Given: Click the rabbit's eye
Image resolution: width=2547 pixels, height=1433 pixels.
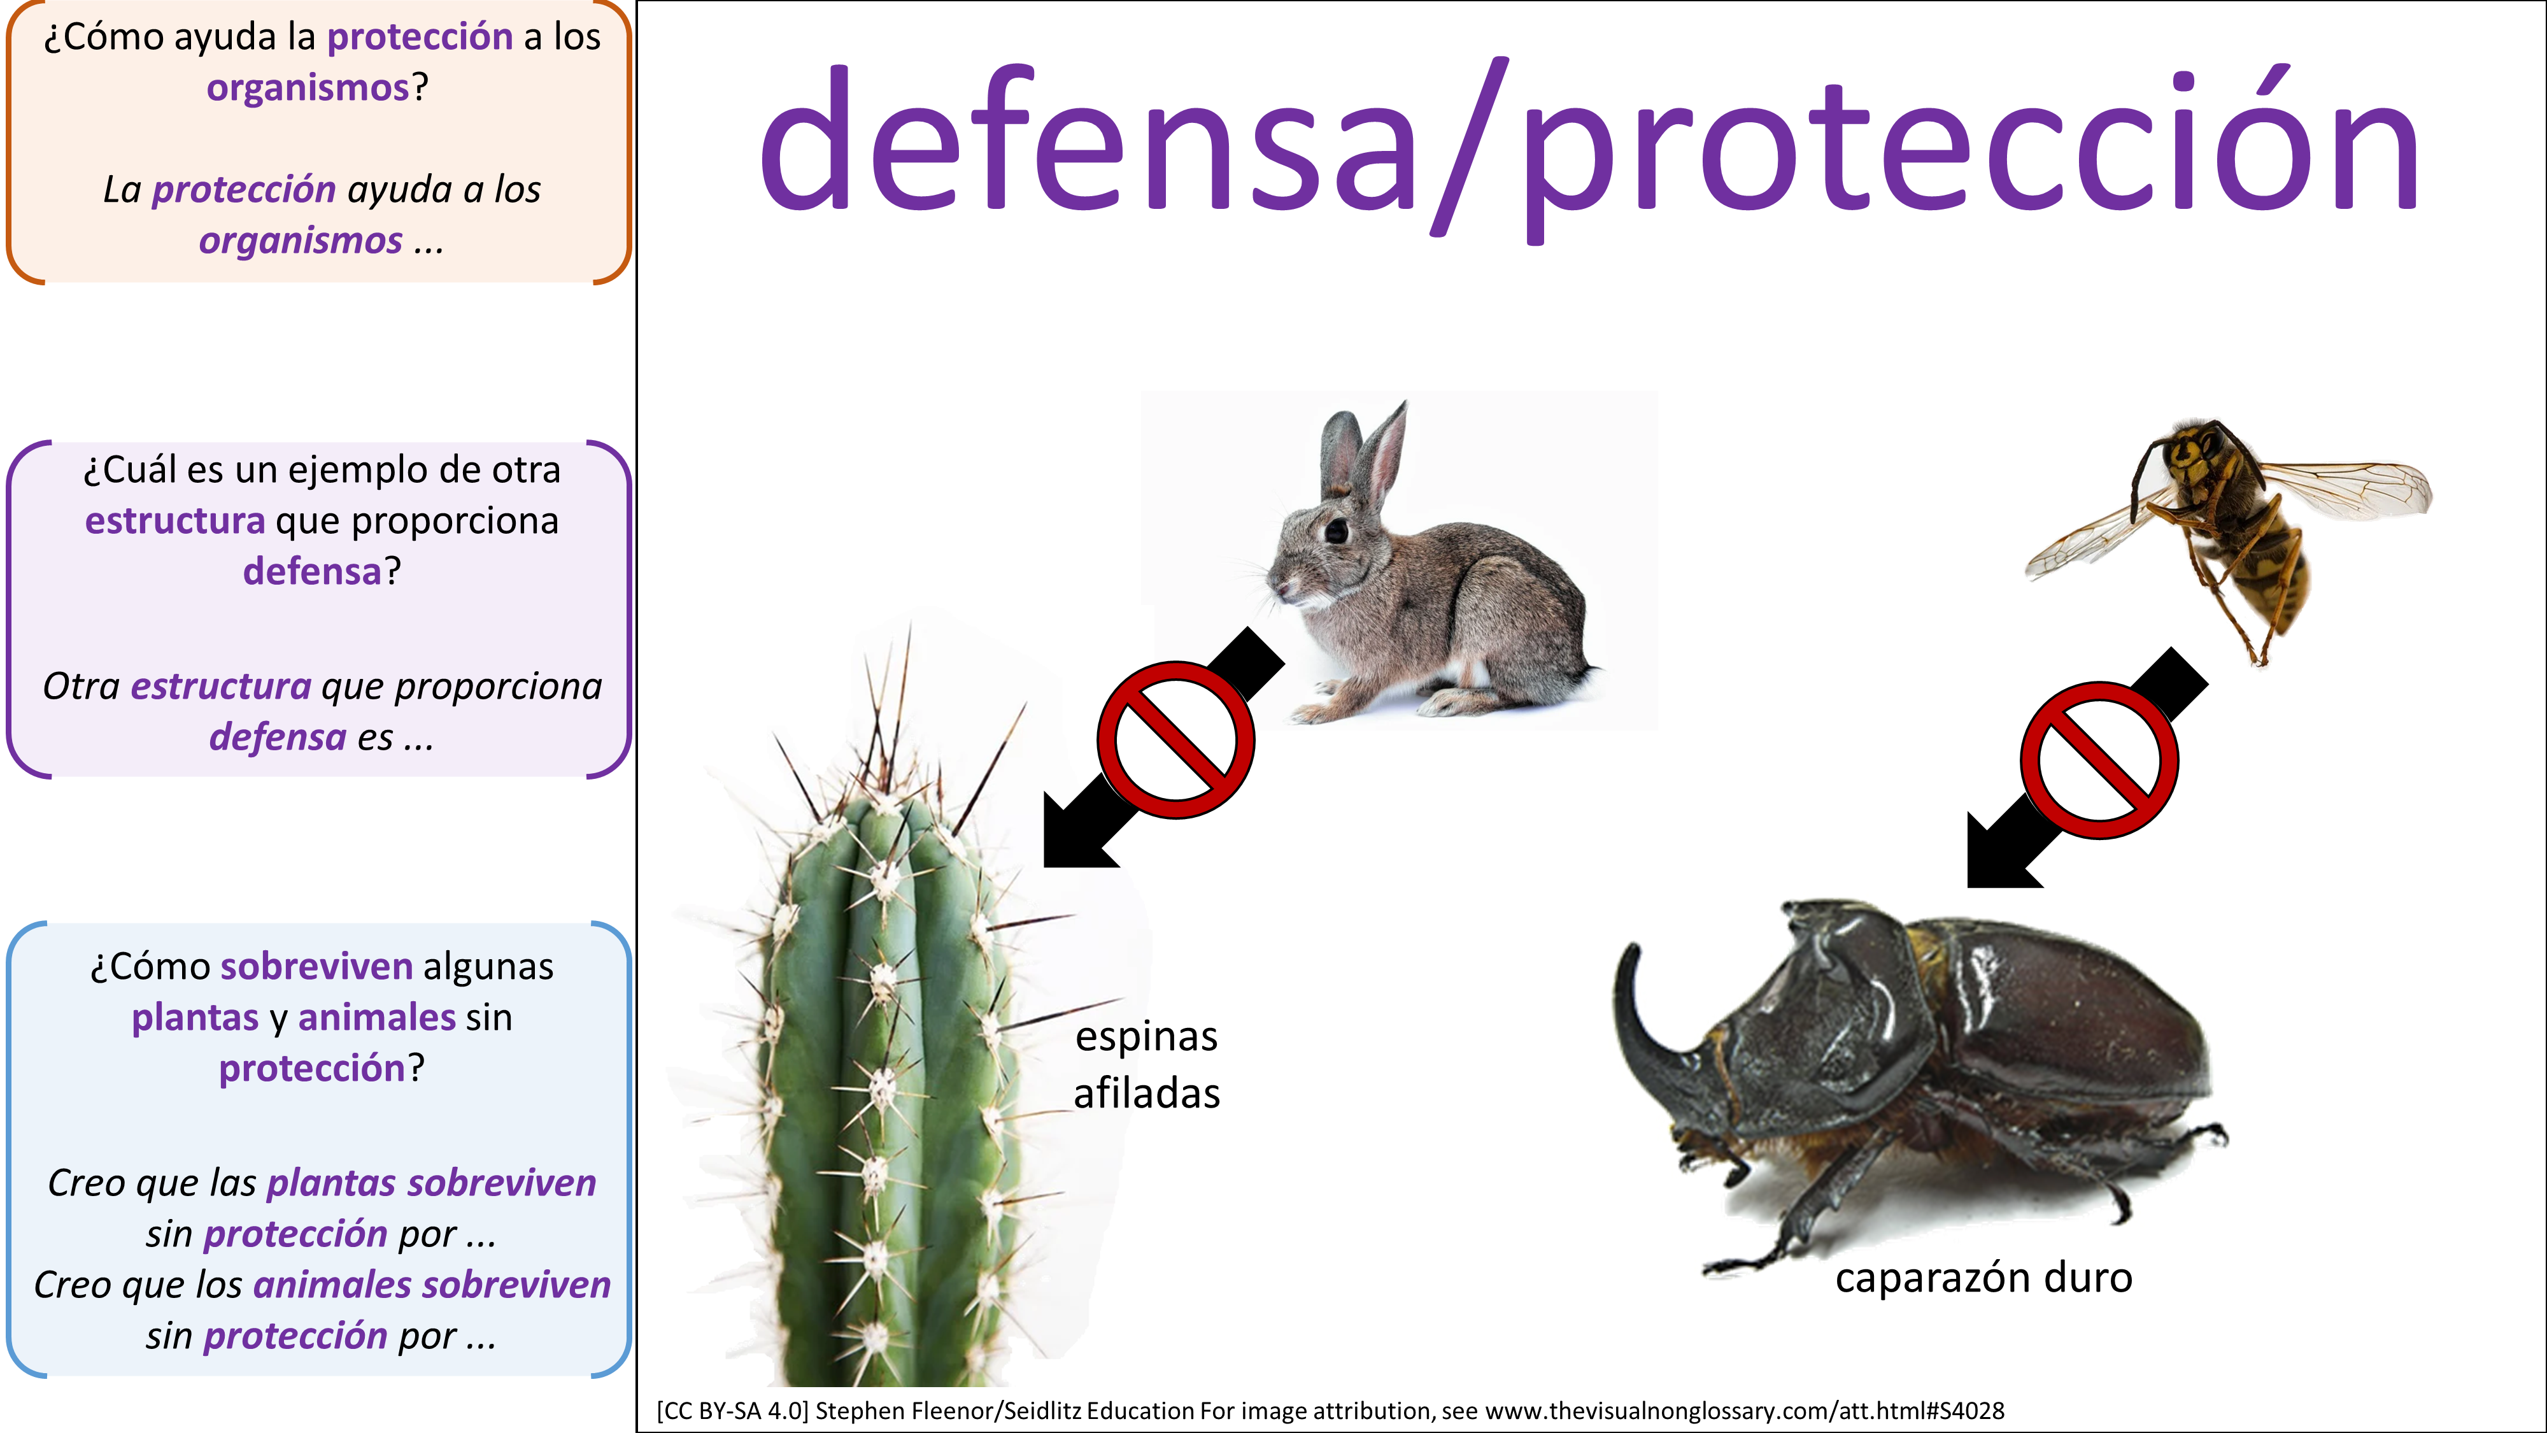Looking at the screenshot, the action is (x=1336, y=531).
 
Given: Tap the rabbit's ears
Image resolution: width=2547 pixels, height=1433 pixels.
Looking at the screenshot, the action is (x=1365, y=450).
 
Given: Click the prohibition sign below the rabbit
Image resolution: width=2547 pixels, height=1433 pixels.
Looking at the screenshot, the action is (x=1175, y=739).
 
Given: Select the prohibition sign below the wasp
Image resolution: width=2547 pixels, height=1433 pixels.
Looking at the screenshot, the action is (x=2099, y=760).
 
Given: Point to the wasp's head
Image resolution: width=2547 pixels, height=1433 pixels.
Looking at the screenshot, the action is (x=2190, y=451).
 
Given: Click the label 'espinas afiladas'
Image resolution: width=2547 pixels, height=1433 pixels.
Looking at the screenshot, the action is (x=1147, y=1064).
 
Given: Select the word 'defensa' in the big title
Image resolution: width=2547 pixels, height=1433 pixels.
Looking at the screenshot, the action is (x=1087, y=138).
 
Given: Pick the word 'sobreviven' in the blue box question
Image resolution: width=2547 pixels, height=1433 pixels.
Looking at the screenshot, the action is (x=316, y=966).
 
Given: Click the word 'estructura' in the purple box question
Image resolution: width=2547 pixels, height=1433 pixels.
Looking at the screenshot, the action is (x=175, y=521).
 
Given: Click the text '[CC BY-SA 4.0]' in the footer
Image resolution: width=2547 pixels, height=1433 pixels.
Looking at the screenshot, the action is (x=733, y=1411).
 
